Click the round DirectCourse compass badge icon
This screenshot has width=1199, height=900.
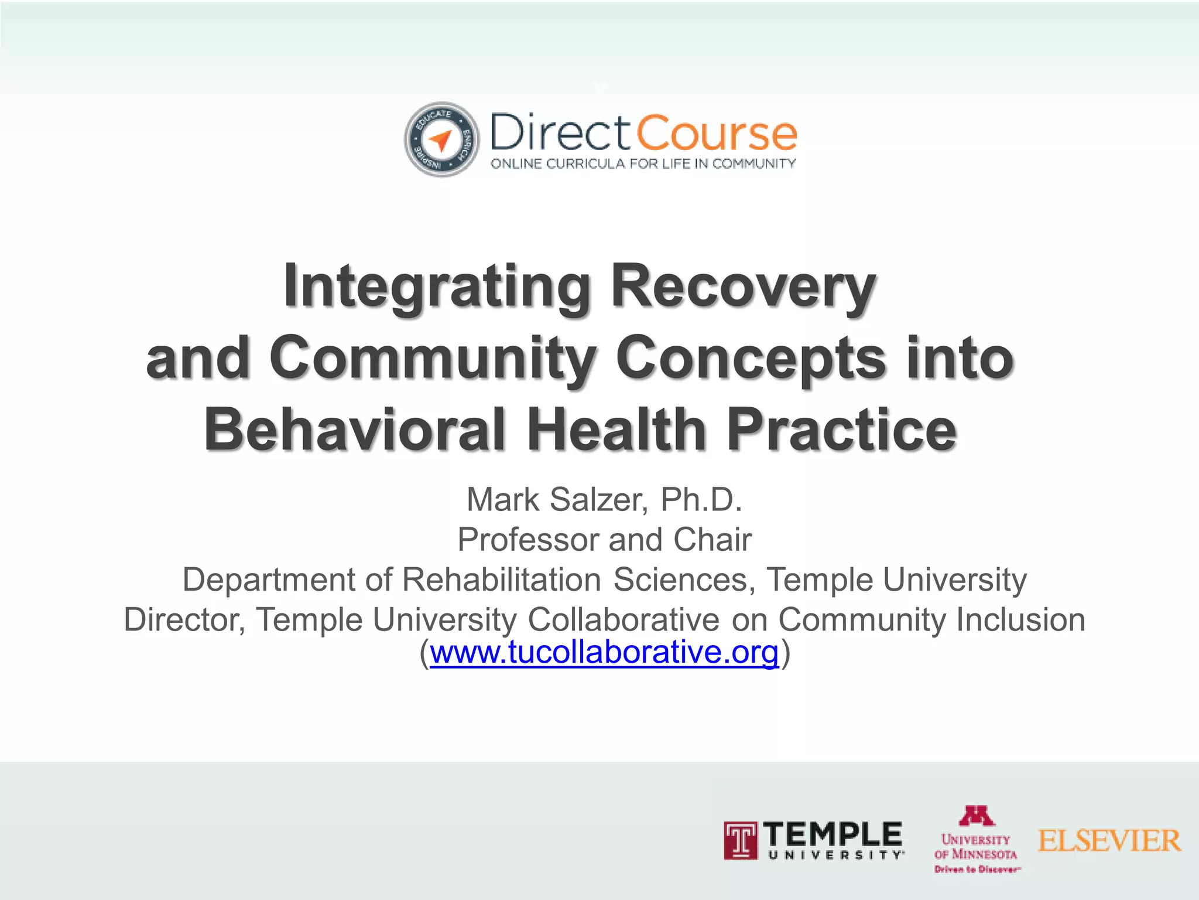pyautogui.click(x=441, y=139)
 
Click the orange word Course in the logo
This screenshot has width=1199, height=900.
pyautogui.click(x=716, y=133)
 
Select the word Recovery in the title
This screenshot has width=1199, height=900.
pyautogui.click(x=743, y=287)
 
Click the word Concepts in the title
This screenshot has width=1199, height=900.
pyautogui.click(x=751, y=358)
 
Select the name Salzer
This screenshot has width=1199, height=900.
pyautogui.click(x=599, y=500)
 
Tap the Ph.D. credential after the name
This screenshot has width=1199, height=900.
pyautogui.click(x=701, y=500)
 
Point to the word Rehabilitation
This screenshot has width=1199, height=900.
pyautogui.click(x=502, y=579)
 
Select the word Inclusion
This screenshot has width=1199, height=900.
pyautogui.click(x=1020, y=619)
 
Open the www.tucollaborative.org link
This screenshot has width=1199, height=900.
pyautogui.click(x=604, y=652)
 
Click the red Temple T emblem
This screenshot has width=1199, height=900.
pyautogui.click(x=740, y=841)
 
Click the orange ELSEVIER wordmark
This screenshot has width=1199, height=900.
pyautogui.click(x=1109, y=841)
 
